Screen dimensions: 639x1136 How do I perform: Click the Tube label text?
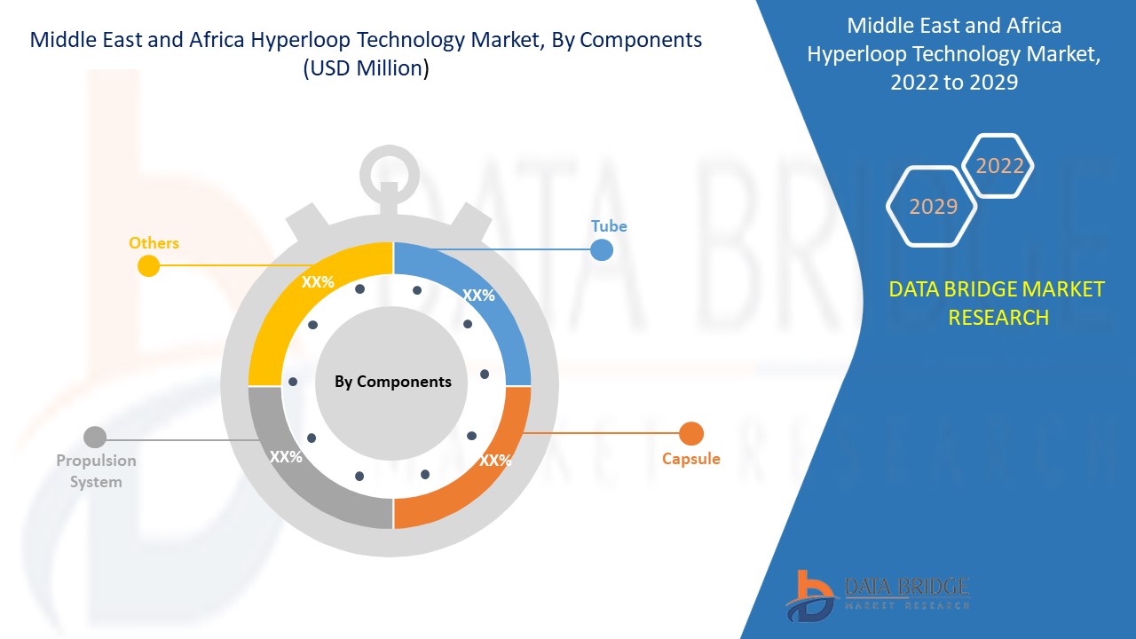(609, 226)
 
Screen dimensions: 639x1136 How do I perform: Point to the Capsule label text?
(690, 459)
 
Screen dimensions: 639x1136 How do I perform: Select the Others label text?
(154, 243)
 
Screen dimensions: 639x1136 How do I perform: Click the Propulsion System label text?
(96, 471)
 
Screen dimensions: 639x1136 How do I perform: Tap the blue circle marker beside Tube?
(602, 249)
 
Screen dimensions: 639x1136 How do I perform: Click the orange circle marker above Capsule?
(690, 434)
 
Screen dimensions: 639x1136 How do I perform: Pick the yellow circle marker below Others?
(148, 265)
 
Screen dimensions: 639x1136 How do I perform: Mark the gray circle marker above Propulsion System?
(94, 437)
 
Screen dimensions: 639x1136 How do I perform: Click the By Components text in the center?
(392, 382)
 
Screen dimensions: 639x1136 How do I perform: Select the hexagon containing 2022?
(999, 166)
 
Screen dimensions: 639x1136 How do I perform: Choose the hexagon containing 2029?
(933, 207)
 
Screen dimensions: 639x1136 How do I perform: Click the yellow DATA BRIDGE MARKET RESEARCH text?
(998, 303)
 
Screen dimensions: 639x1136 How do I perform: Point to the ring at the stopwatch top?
(390, 174)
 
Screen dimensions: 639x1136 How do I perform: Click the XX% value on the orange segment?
(494, 461)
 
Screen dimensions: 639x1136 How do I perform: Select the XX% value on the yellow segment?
(317, 282)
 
